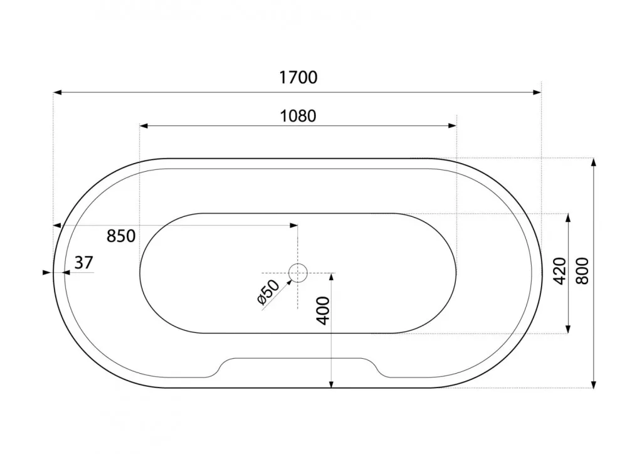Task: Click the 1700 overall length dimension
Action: pyautogui.click(x=298, y=77)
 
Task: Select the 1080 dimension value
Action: pyautogui.click(x=298, y=116)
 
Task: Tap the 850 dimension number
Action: pyautogui.click(x=121, y=236)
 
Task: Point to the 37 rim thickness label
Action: pyautogui.click(x=84, y=262)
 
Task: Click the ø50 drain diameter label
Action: pyautogui.click(x=268, y=292)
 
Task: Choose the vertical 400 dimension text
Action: pyautogui.click(x=324, y=311)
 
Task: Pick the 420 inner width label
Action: pyautogui.click(x=559, y=271)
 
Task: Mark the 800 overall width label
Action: pyautogui.click(x=582, y=271)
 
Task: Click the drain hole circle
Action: pyautogui.click(x=298, y=273)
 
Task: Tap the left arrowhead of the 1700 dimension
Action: pyautogui.click(x=57, y=93)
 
